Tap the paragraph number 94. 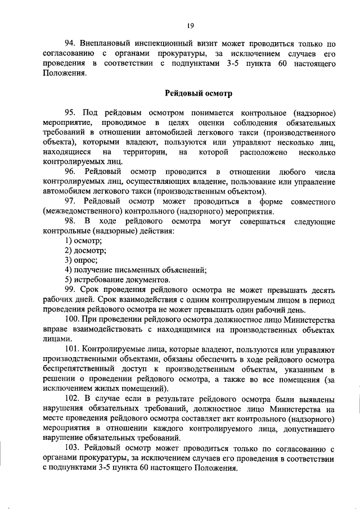click(69, 44)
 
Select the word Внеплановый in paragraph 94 click(102, 44)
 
